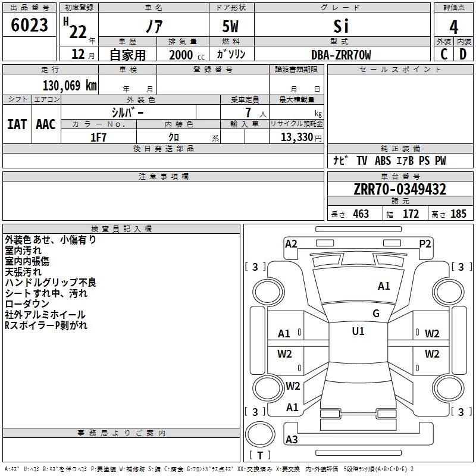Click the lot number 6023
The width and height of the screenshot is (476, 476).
pos(30,25)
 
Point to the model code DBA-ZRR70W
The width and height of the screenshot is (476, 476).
pos(341,55)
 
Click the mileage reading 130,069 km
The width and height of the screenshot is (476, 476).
pos(69,85)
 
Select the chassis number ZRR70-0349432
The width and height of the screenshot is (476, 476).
pos(400,190)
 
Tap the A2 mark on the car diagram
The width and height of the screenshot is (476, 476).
pos(291,243)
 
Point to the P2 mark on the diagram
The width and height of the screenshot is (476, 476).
pos(425,243)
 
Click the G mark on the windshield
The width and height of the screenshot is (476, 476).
pos(375,313)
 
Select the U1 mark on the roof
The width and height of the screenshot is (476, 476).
pos(358,331)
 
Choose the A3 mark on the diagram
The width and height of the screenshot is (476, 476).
pos(292,440)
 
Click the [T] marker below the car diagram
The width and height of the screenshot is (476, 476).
pos(259,455)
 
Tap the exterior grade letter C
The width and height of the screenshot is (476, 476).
pos(443,55)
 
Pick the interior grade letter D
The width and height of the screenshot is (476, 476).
pos(463,55)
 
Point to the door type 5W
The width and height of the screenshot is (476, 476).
pos(231,26)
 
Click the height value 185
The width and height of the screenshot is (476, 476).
pos(459,214)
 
